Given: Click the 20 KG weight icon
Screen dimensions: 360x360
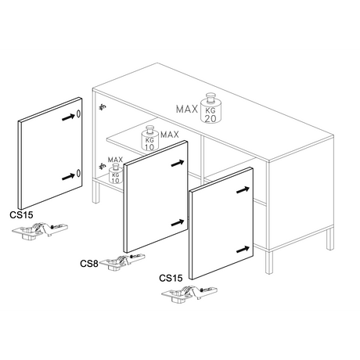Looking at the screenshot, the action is [x=211, y=108].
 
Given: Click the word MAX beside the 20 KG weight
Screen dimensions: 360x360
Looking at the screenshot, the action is [x=187, y=109].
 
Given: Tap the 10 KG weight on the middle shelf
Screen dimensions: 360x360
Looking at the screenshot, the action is [x=150, y=139].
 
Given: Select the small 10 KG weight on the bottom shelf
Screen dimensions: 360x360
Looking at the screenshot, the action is [x=115, y=174].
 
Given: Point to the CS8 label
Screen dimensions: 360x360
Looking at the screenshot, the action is [x=89, y=264].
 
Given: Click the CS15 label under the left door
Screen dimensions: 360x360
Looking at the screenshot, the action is [x=21, y=215].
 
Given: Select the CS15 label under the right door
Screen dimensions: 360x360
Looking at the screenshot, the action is [x=171, y=278].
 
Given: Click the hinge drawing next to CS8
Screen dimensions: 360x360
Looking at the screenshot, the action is [x=122, y=261].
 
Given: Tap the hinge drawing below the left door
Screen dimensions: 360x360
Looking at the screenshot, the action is [x=40, y=230].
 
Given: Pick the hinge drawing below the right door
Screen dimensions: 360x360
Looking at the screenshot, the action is [x=189, y=293].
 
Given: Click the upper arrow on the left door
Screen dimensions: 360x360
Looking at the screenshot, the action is [x=69, y=117].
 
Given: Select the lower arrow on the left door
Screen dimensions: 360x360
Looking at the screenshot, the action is [x=69, y=177].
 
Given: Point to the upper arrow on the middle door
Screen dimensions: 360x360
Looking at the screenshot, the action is [x=178, y=164].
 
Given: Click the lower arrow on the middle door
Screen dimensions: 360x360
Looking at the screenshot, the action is [x=178, y=223].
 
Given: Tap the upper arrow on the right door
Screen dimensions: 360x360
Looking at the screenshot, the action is [x=243, y=190].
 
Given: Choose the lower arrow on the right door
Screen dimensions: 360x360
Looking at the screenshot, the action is [x=243, y=250].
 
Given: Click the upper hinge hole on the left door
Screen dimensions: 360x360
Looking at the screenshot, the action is [x=78, y=113].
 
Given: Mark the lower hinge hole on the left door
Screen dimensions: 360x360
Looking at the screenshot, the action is [x=78, y=173].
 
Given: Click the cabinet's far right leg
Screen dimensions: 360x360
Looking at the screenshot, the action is [x=330, y=239].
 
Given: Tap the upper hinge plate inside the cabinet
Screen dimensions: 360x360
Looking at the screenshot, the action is [x=103, y=106].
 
